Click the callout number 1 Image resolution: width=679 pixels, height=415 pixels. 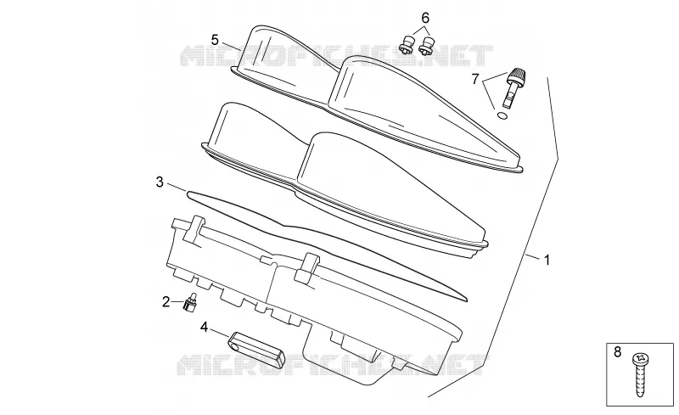click(547, 261)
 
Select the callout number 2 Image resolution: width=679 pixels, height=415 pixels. click(166, 301)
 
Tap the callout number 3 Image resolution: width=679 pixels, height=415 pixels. click(160, 182)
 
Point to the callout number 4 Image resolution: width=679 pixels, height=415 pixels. click(204, 327)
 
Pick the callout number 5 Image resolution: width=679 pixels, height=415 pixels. click(215, 40)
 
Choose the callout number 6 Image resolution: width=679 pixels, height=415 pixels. click(425, 18)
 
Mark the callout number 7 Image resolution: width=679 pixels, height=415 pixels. click(475, 79)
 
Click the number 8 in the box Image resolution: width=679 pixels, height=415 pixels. click(618, 351)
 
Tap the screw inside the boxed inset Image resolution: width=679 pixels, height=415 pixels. click(641, 375)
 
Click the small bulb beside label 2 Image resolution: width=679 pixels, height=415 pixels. click(190, 302)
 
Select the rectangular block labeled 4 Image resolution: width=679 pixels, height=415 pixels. click(256, 349)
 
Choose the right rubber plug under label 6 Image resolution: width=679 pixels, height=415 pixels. click(428, 47)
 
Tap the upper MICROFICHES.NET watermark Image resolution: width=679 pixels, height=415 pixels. click(336, 55)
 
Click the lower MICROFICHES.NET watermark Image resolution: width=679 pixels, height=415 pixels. click(332, 365)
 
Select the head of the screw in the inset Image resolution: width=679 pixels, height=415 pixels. click(641, 359)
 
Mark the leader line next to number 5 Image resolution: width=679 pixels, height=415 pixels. click(232, 46)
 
